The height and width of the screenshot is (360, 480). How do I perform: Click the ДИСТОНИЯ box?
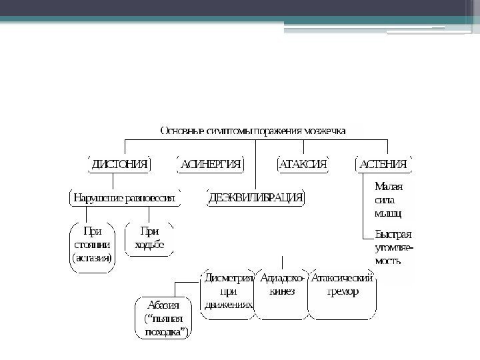[119, 164]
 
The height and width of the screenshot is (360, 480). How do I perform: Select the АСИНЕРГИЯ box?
[210, 164]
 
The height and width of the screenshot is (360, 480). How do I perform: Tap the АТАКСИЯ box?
[303, 164]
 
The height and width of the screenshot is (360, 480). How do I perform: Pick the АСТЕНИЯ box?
[384, 164]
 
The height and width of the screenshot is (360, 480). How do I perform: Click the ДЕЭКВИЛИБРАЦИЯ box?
[256, 198]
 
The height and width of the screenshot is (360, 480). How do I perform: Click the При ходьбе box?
[149, 238]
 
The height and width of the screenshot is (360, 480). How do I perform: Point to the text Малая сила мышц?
[389, 200]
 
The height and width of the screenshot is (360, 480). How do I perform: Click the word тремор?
[343, 292]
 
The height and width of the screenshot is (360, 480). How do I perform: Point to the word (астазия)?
[93, 257]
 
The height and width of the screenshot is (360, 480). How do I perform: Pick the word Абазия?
[162, 306]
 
